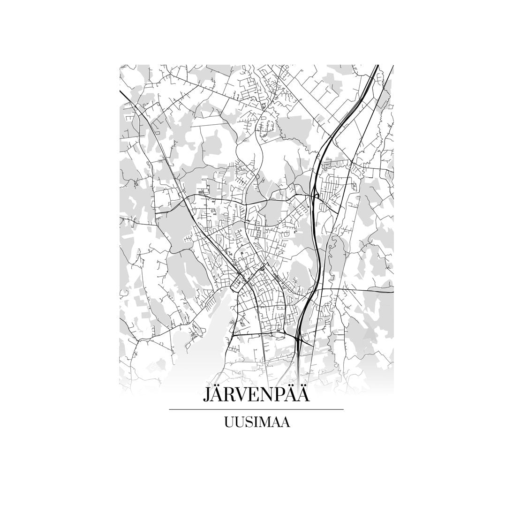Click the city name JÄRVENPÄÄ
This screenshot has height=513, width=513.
(x=256, y=394)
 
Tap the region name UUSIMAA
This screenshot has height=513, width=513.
(x=256, y=422)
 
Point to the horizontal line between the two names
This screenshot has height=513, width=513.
(x=256, y=409)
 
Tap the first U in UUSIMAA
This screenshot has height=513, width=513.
(x=229, y=422)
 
